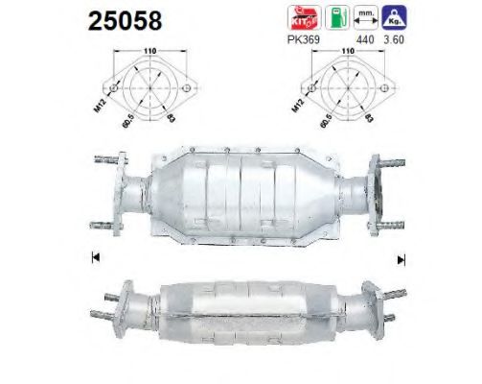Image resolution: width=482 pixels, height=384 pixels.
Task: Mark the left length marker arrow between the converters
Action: click(94, 257)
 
